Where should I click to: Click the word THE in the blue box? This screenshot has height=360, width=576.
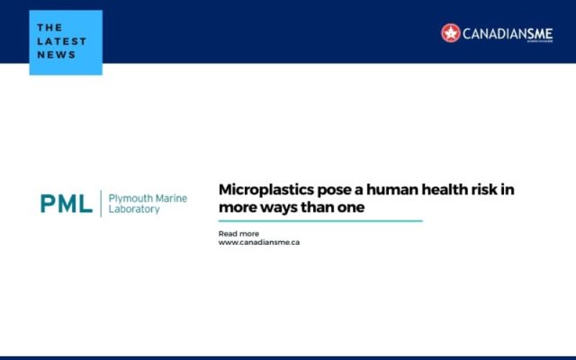(50, 27)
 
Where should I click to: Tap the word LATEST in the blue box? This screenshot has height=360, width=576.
(62, 40)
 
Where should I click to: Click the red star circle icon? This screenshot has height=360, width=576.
(451, 33)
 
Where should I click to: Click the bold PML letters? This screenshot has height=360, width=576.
(66, 203)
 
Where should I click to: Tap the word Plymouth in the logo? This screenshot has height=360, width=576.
(129, 197)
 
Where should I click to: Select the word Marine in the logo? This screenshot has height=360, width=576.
(169, 197)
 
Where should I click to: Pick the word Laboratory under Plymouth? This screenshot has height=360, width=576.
(134, 210)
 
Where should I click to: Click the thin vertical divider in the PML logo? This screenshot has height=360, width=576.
(100, 203)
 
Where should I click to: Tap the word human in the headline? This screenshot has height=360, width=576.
(385, 190)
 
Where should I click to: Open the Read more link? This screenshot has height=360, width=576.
(238, 234)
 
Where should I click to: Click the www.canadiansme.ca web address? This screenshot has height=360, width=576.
(259, 242)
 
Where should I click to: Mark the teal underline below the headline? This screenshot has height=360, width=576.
(319, 220)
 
